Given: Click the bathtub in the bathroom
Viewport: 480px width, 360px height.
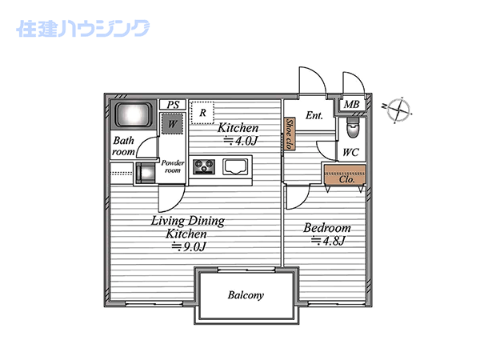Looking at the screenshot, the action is [x=134, y=114].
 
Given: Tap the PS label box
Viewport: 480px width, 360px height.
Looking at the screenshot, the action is [x=173, y=105].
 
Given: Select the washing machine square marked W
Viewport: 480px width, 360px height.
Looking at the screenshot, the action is [x=172, y=124].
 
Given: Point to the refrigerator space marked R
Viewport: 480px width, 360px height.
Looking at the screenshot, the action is [x=202, y=113].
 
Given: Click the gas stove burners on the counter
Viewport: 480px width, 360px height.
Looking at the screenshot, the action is [x=204, y=167].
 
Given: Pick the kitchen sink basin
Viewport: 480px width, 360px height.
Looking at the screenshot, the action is [x=235, y=167].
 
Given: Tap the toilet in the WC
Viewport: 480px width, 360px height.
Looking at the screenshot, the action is [x=352, y=128].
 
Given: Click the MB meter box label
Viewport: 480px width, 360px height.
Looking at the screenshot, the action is [x=351, y=105].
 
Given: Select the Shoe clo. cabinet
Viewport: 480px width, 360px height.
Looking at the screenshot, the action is [x=290, y=134].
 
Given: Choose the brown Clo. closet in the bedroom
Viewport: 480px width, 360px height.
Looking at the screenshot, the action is [x=345, y=174].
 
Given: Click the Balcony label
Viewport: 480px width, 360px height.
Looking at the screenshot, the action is [x=246, y=295].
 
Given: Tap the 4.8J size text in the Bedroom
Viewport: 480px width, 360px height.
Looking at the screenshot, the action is [x=329, y=242].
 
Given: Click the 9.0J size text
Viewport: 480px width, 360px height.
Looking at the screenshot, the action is [x=189, y=246].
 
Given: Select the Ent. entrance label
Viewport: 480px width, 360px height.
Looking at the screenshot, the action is [x=314, y=115].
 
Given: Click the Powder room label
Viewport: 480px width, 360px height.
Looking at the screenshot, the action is [x=173, y=166].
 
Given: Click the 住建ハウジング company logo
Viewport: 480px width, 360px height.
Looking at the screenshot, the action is [x=83, y=29].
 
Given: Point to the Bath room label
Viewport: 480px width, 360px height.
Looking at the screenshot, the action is [x=124, y=146].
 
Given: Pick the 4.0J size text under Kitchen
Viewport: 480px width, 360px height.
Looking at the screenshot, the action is [x=241, y=141].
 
